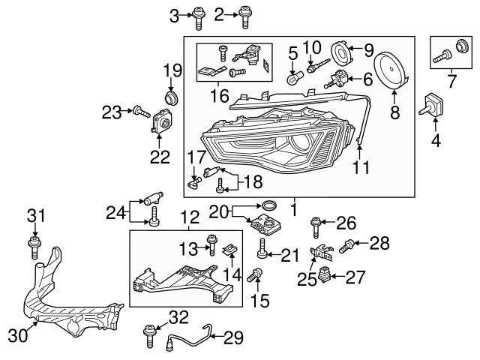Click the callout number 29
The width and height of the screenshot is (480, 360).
234,338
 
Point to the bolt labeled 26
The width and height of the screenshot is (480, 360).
316,223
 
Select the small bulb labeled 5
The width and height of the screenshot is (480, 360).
295,76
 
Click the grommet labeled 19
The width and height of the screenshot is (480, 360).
171,97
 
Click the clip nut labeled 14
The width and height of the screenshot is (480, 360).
232,252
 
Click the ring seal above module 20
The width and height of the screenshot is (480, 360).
269,205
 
